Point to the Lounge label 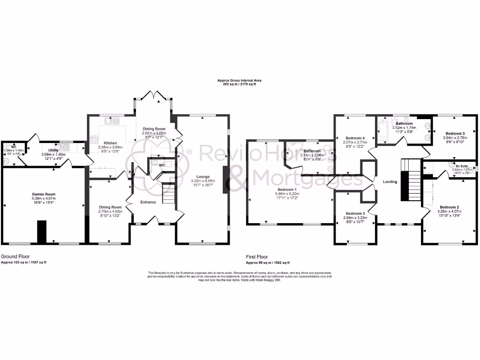pyautogui.click(x=203, y=176)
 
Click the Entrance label pyautogui.click(x=147, y=202)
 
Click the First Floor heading pyautogui.click(x=257, y=257)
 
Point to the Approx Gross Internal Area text pyautogui.click(x=240, y=81)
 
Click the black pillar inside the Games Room pyautogui.click(x=42, y=231)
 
